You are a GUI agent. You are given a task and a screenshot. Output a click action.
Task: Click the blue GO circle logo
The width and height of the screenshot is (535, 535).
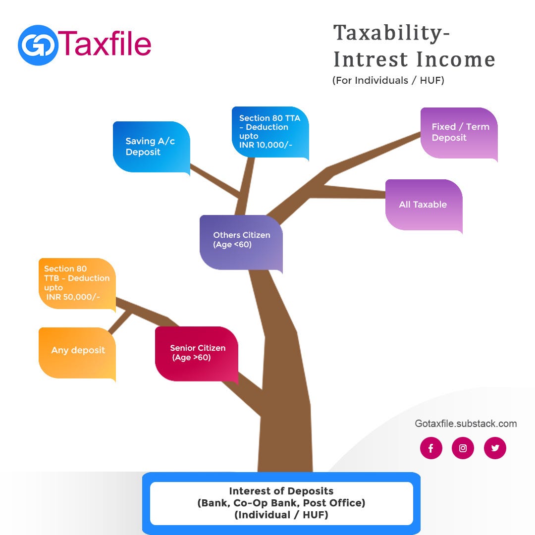click(x=38, y=45)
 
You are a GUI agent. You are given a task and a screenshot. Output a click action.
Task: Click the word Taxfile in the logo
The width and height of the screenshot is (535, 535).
click(x=105, y=44)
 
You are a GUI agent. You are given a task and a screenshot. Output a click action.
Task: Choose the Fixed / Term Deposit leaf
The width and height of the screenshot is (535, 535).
click(x=459, y=133)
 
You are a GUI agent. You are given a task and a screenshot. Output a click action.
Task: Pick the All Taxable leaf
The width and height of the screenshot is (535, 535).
click(x=424, y=205)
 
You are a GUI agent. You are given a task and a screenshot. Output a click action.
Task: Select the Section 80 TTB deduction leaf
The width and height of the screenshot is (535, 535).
click(x=77, y=283)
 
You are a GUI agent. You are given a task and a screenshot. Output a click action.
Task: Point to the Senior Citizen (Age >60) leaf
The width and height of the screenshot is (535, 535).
click(x=197, y=353)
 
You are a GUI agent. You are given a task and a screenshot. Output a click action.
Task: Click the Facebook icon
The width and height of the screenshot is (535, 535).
click(x=431, y=448)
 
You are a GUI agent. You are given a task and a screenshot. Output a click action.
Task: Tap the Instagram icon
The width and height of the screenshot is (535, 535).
click(x=463, y=448)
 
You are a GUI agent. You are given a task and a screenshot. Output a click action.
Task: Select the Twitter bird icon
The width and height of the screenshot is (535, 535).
click(x=495, y=448)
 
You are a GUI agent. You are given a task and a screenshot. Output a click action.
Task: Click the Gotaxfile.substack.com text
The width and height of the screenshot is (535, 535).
click(x=466, y=424)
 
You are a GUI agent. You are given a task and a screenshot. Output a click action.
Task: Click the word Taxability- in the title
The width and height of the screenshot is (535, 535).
click(x=391, y=34)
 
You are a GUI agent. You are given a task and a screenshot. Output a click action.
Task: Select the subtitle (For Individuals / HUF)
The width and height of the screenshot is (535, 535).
click(x=388, y=80)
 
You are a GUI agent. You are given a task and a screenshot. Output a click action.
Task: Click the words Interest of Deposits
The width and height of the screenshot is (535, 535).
click(x=281, y=491)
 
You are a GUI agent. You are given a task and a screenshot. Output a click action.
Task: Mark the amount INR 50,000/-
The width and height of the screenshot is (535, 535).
click(x=73, y=297)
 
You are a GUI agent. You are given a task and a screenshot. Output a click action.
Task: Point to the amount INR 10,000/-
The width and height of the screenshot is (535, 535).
click(x=266, y=145)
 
